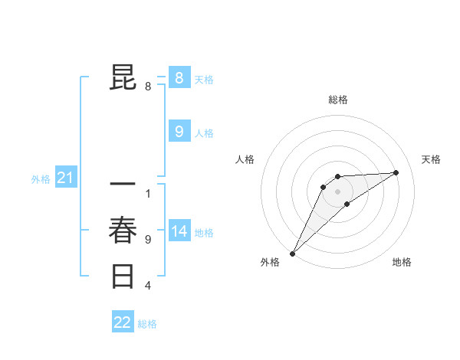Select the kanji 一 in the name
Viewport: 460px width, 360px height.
coord(123,185)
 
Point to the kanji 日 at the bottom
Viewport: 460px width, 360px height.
coord(123,275)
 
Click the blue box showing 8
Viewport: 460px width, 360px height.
coord(179,77)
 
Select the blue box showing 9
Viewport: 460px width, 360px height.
coord(179,132)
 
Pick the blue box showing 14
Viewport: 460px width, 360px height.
coord(179,231)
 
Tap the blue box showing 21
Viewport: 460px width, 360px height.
coord(65,178)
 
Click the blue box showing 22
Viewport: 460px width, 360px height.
coord(123,322)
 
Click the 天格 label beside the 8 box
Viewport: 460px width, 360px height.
coord(204,79)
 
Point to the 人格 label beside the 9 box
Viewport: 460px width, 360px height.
coord(204,133)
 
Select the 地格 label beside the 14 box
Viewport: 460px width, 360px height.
coord(204,233)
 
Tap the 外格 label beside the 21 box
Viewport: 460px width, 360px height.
coord(41,179)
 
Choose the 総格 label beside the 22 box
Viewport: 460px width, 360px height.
coord(147,324)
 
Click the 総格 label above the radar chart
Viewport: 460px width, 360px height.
coord(337,100)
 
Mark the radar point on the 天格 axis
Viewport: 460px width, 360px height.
coord(396,172)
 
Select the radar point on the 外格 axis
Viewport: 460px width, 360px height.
coord(292,253)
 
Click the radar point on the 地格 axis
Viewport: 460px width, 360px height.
coord(347,204)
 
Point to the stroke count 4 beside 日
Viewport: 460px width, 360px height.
coord(147,286)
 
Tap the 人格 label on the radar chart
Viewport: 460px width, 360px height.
coord(245,159)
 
